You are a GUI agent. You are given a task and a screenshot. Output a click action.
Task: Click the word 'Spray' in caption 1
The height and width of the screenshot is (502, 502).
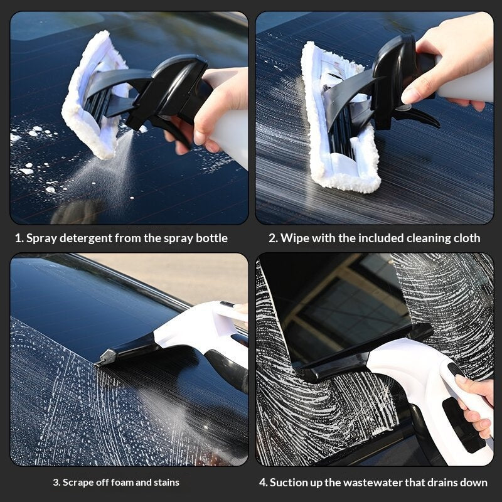click(x=41, y=238)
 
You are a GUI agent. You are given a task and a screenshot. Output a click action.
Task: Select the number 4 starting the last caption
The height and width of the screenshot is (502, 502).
click(x=262, y=483)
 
